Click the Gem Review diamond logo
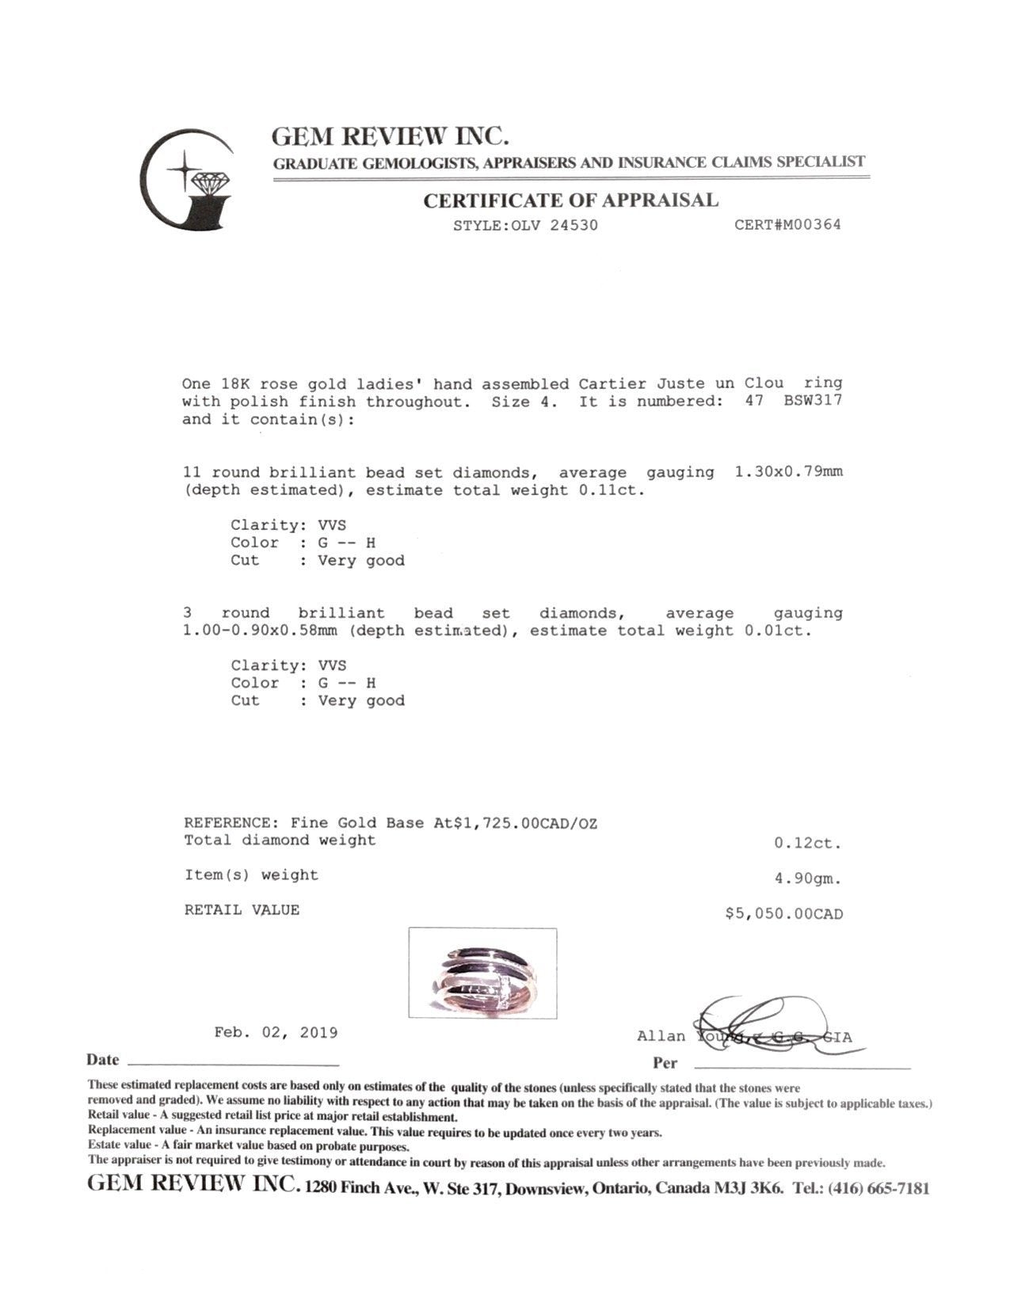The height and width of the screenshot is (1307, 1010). click(189, 180)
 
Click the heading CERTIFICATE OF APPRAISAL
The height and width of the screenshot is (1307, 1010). click(570, 200)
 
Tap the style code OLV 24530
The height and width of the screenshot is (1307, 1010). click(555, 225)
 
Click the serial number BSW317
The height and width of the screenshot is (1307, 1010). click(813, 401)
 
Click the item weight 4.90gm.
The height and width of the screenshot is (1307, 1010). click(808, 878)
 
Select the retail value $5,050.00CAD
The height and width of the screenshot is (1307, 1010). click(783, 914)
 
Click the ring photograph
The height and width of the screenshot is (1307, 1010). click(482, 973)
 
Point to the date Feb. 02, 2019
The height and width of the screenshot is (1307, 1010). click(276, 1033)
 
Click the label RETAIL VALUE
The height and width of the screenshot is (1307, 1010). click(242, 910)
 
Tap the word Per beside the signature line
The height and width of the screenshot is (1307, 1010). click(665, 1063)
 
